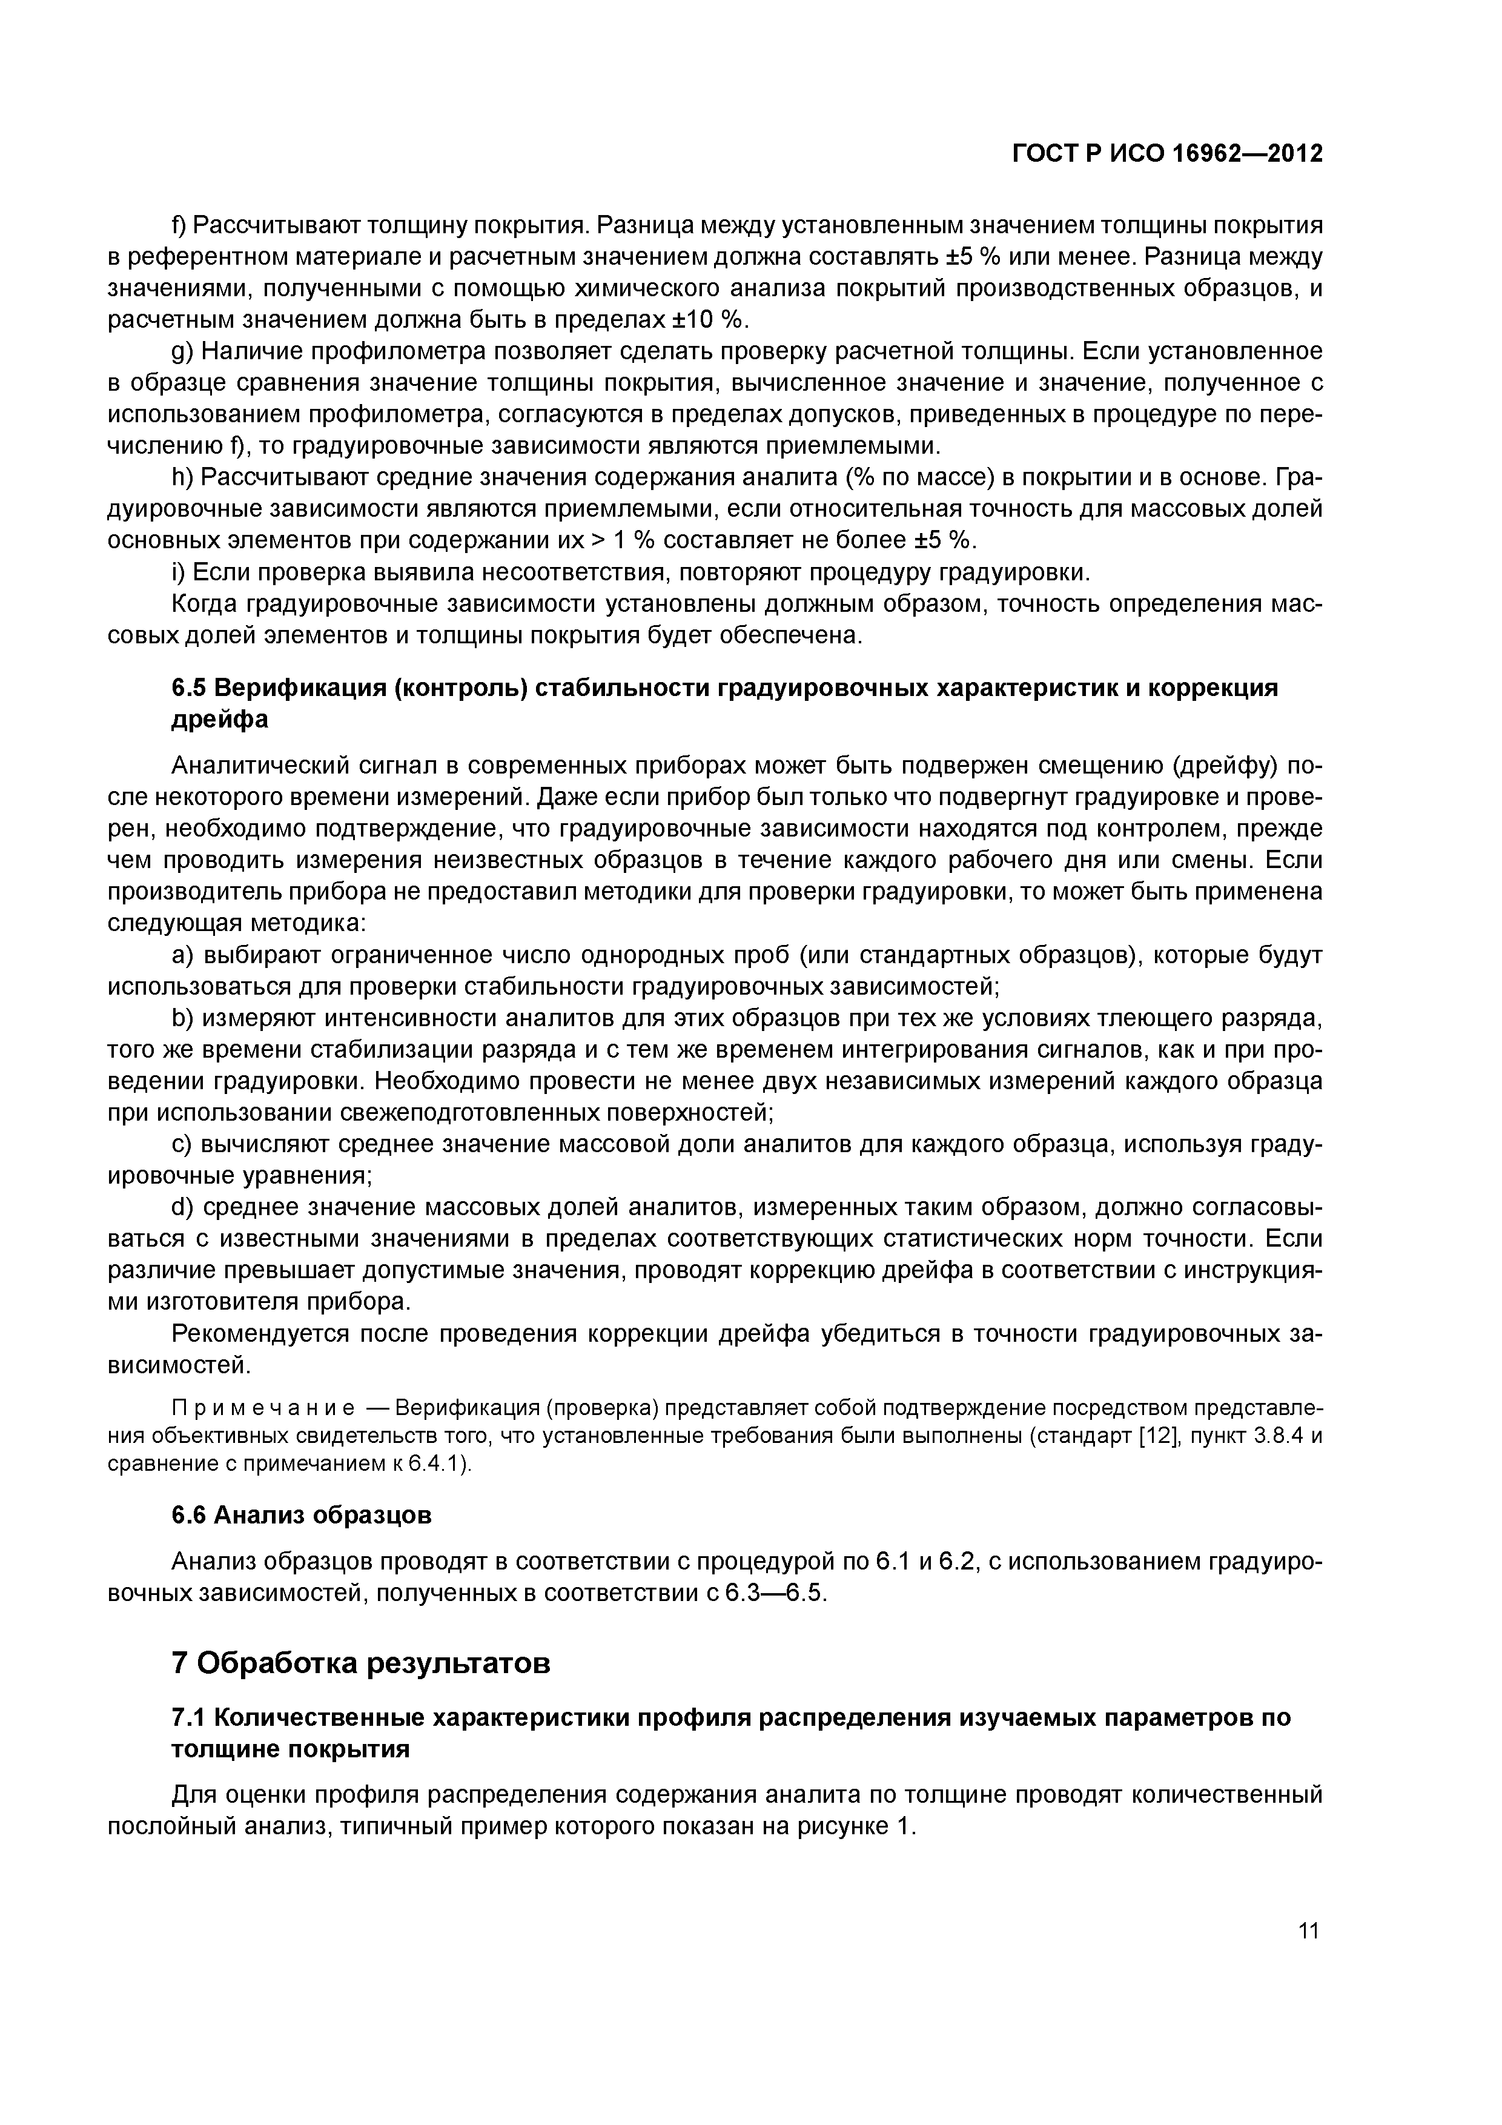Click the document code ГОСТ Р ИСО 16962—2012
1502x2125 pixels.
coord(1167,154)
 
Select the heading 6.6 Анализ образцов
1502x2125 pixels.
coord(302,1515)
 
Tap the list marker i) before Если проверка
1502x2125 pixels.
coord(179,573)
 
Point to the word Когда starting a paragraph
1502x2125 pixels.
coord(205,605)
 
